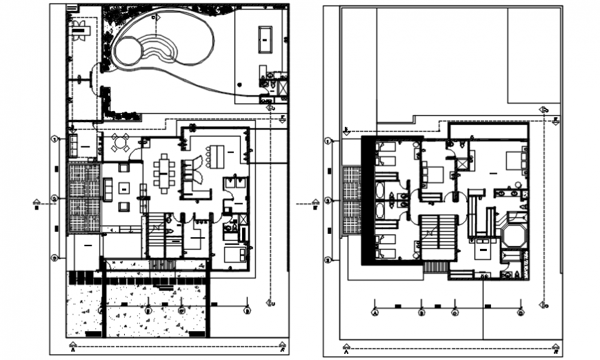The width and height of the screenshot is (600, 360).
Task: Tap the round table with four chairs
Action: [x=120, y=143]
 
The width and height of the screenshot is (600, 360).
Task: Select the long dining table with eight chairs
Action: [x=164, y=171]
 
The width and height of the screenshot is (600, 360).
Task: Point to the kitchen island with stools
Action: [x=217, y=155]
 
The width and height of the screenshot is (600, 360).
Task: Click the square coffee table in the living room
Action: [x=124, y=187]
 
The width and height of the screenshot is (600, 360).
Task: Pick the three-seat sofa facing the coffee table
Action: [x=108, y=189]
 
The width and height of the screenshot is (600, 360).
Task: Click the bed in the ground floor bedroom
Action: [x=235, y=253]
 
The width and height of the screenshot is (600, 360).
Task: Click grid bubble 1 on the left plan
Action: [x=56, y=139]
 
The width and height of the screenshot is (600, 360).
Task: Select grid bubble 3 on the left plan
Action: [x=56, y=258]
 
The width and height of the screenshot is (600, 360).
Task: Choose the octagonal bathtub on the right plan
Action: [x=514, y=235]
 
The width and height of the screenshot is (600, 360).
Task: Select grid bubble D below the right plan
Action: [x=520, y=312]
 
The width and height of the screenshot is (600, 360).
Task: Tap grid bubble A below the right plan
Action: [x=375, y=312]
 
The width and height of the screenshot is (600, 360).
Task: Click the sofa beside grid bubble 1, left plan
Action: [x=74, y=146]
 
